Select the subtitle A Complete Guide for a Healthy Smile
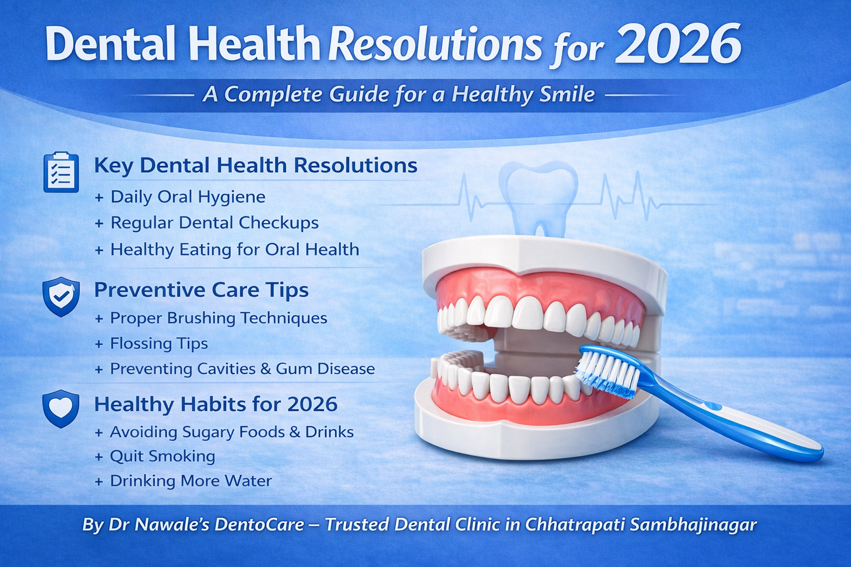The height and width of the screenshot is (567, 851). pos(399,94)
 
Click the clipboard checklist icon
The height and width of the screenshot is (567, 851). pos(61,172)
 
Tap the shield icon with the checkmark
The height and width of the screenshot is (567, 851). pos(61,296)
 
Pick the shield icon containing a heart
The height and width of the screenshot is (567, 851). pos(61,409)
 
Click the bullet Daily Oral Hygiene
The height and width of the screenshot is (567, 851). pos(187,197)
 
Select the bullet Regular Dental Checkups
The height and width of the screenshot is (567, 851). pos(214,223)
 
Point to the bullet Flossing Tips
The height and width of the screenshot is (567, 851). pos(158,343)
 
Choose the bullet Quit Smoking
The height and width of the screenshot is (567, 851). pos(162,456)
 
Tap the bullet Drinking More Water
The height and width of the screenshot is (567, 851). pos(190,481)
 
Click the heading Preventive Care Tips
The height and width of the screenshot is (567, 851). pos(201,290)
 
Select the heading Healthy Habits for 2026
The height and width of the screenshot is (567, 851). pos(216,404)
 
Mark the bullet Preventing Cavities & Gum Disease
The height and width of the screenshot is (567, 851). pos(242,369)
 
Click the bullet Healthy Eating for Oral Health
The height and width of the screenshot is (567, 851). pos(234,249)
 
